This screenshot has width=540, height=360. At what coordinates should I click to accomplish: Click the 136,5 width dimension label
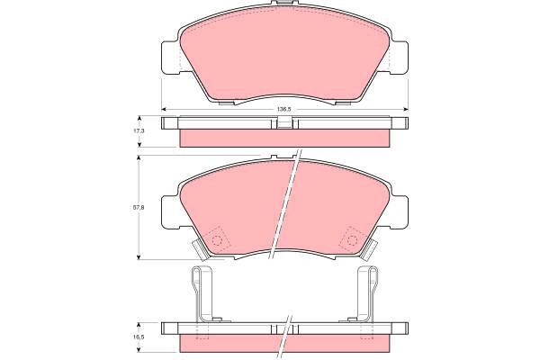click(284, 109)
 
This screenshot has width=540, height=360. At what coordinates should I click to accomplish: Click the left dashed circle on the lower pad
click(216, 239)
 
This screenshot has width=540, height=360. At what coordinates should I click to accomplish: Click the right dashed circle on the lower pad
click(352, 239)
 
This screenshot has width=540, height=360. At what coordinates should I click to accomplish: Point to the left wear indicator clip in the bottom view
click(202, 293)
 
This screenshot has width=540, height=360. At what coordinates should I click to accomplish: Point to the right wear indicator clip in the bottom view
click(367, 293)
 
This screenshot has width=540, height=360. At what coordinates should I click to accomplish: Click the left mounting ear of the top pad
click(170, 58)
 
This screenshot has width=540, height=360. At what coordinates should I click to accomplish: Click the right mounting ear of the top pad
click(399, 58)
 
